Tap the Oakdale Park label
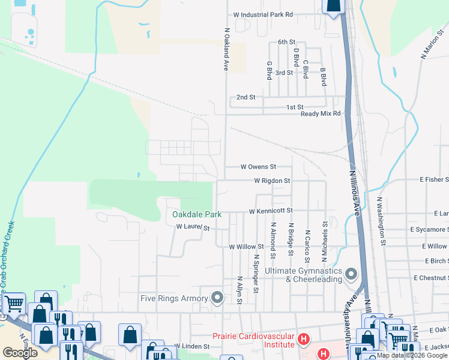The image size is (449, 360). click(197, 214)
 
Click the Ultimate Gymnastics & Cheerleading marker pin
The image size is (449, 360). click(352, 274)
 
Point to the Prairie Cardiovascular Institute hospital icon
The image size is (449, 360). click(304, 341)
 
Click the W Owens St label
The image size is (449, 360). click(258, 166)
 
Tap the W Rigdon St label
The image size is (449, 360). click(272, 180)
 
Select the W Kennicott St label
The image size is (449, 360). click(271, 211)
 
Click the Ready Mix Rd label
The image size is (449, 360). click(321, 113)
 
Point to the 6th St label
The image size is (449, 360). click(286, 42)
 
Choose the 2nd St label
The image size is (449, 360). click(246, 97)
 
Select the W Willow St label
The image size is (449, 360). click(246, 247)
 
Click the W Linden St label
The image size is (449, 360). click(191, 346)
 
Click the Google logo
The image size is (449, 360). click(20, 353)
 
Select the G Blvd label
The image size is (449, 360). click(269, 70)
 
